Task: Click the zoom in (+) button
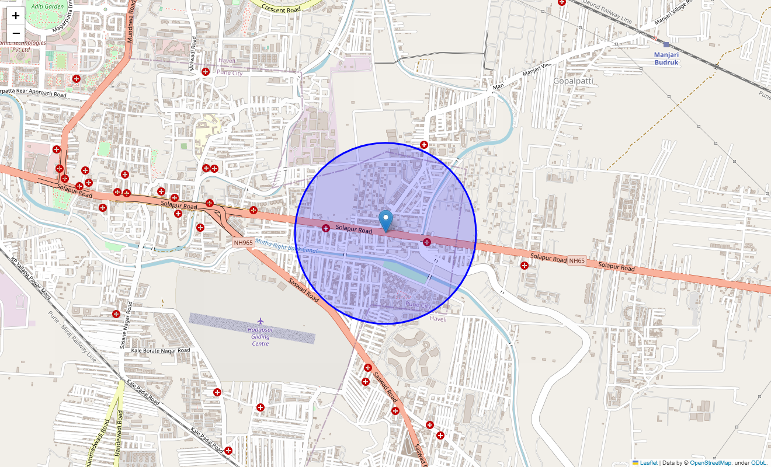[x=16, y=16]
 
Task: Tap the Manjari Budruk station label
[x=666, y=58]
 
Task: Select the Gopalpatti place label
[x=572, y=81]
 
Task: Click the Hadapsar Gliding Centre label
[x=261, y=337]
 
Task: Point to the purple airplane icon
[x=261, y=321]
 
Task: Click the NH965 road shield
[x=243, y=242]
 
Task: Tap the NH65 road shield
[x=576, y=260]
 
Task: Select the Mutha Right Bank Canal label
[x=286, y=246]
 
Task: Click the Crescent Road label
[x=282, y=9]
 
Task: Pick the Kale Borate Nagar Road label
[x=161, y=350]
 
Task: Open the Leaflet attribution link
[x=648, y=462]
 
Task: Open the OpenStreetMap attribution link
[x=710, y=462]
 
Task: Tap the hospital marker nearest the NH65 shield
[x=525, y=266]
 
